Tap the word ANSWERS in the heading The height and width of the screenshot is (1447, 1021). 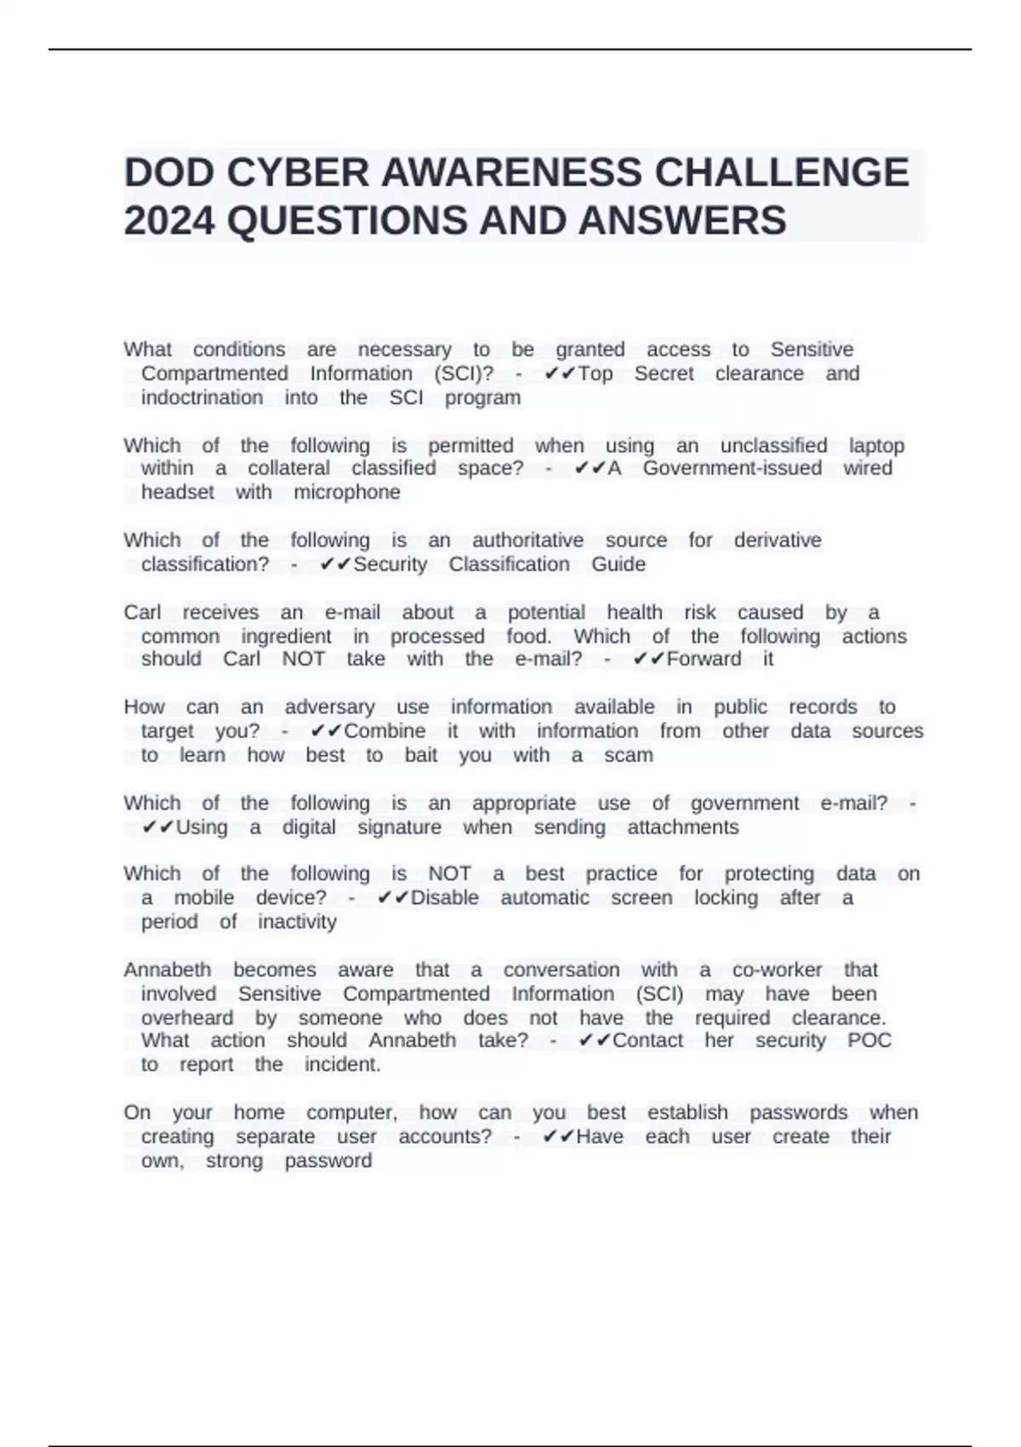tap(682, 220)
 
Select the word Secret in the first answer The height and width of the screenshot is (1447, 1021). tap(664, 374)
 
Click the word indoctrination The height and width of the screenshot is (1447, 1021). tap(202, 397)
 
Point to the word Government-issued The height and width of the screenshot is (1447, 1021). tap(732, 468)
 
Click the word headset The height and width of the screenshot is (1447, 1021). tap(177, 492)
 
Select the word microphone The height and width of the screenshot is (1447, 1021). tap(346, 492)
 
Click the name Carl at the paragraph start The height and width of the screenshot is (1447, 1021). tap(142, 612)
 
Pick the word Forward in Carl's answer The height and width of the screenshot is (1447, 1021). tap(704, 659)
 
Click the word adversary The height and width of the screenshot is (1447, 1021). tap(329, 707)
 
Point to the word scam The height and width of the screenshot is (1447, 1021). tap(628, 755)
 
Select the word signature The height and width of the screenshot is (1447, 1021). tap(399, 827)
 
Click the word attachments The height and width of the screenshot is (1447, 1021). tap(682, 827)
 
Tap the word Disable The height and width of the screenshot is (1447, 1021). tap(444, 898)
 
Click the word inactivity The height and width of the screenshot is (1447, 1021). tap(297, 922)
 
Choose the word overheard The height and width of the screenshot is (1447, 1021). tap(186, 1018)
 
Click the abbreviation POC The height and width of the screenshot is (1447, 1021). tap(869, 1041)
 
